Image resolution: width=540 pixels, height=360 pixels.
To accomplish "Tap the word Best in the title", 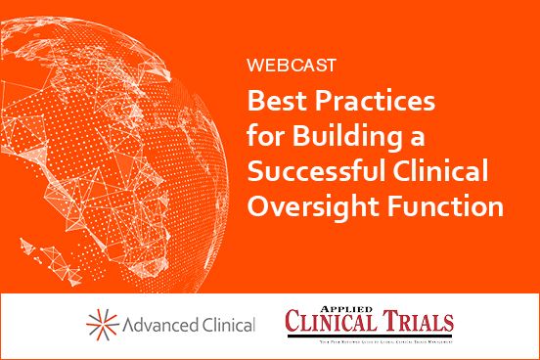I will (x=274, y=101).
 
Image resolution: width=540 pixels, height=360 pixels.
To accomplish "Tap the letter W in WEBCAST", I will (x=254, y=67).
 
